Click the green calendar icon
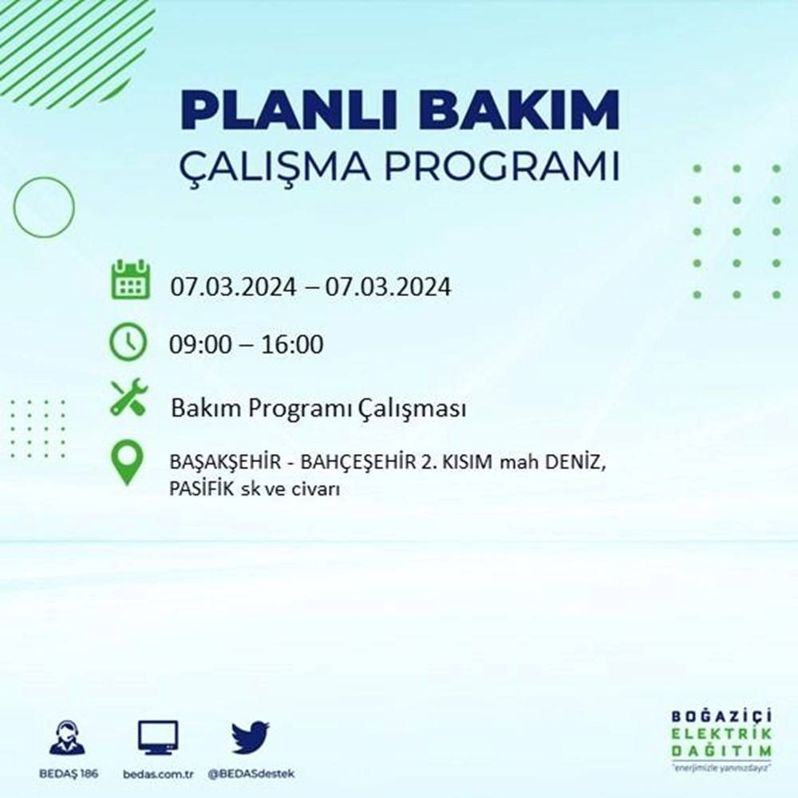click(129, 279)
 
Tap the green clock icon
click(128, 342)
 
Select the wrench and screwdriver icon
click(128, 397)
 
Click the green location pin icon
click(128, 464)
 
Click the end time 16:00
click(294, 346)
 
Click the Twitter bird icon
click(251, 737)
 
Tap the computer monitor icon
click(158, 737)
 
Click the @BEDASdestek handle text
click(251, 775)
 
